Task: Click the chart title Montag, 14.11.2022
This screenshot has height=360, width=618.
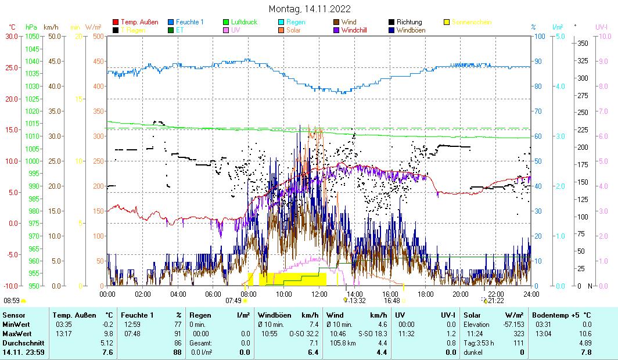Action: [x=310, y=9]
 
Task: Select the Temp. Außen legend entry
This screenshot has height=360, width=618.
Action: [x=139, y=22]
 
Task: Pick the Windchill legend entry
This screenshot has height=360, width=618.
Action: [x=358, y=30]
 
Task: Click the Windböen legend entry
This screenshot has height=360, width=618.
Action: [x=411, y=30]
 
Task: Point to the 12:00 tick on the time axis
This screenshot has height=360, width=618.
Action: [x=319, y=294]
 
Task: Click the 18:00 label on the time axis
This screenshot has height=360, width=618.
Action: [x=426, y=294]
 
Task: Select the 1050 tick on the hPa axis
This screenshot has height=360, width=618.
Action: [x=32, y=36]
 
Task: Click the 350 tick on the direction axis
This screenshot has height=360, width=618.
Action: [x=583, y=43]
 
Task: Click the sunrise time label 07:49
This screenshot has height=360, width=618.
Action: [x=233, y=301]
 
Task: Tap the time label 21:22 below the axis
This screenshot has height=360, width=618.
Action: [x=495, y=301]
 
